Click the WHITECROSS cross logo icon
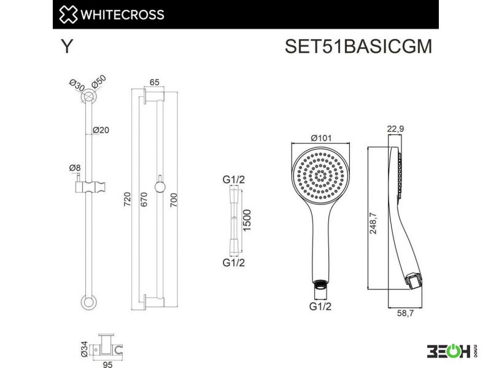[x=68, y=14]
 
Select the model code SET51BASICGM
[x=358, y=47]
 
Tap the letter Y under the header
[x=66, y=47]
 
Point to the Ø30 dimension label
[x=77, y=85]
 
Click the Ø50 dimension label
[x=99, y=82]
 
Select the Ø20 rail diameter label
[x=101, y=130]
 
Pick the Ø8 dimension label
[x=75, y=168]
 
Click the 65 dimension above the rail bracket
[x=155, y=82]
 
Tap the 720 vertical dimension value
[x=127, y=199]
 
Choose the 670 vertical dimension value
[x=144, y=199]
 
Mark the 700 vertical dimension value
[x=174, y=200]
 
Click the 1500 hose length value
[x=247, y=221]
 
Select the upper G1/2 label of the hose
[x=234, y=180]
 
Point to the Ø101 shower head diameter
[x=321, y=137]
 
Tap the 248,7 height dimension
[x=373, y=223]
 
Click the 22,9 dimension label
[x=395, y=129]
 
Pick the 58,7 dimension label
[x=405, y=313]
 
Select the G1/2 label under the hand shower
[x=320, y=306]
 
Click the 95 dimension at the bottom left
[x=107, y=364]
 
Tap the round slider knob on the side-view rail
[x=160, y=188]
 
